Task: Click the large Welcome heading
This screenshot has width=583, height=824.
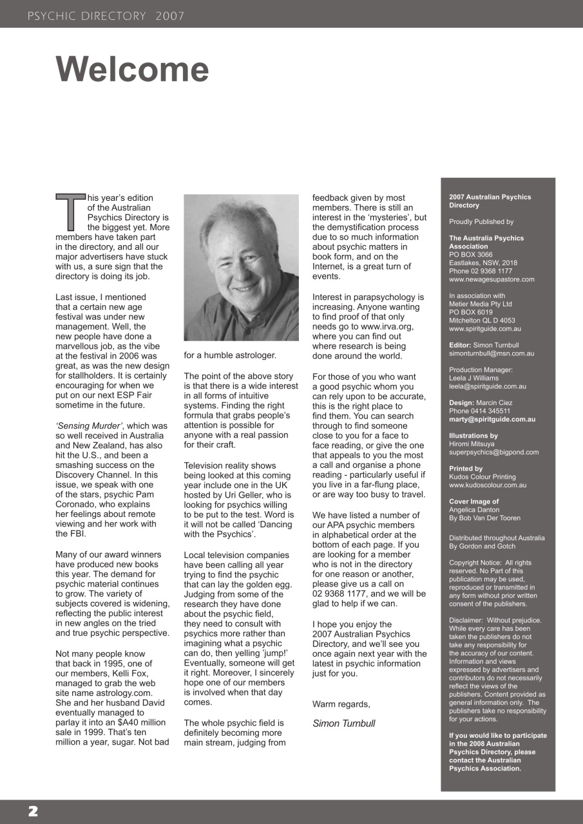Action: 132,69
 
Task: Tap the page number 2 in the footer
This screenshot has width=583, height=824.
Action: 32,811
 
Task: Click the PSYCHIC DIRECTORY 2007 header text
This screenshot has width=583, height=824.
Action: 106,16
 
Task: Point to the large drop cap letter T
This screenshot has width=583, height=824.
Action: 70,212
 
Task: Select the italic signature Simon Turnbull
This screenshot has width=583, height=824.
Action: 343,723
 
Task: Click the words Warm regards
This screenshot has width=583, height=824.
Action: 341,704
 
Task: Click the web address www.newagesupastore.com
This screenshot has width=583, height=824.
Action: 492,279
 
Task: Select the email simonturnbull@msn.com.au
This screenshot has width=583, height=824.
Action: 491,353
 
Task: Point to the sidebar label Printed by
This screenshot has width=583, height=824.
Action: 465,469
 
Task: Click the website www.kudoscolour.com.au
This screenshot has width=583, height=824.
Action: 488,485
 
